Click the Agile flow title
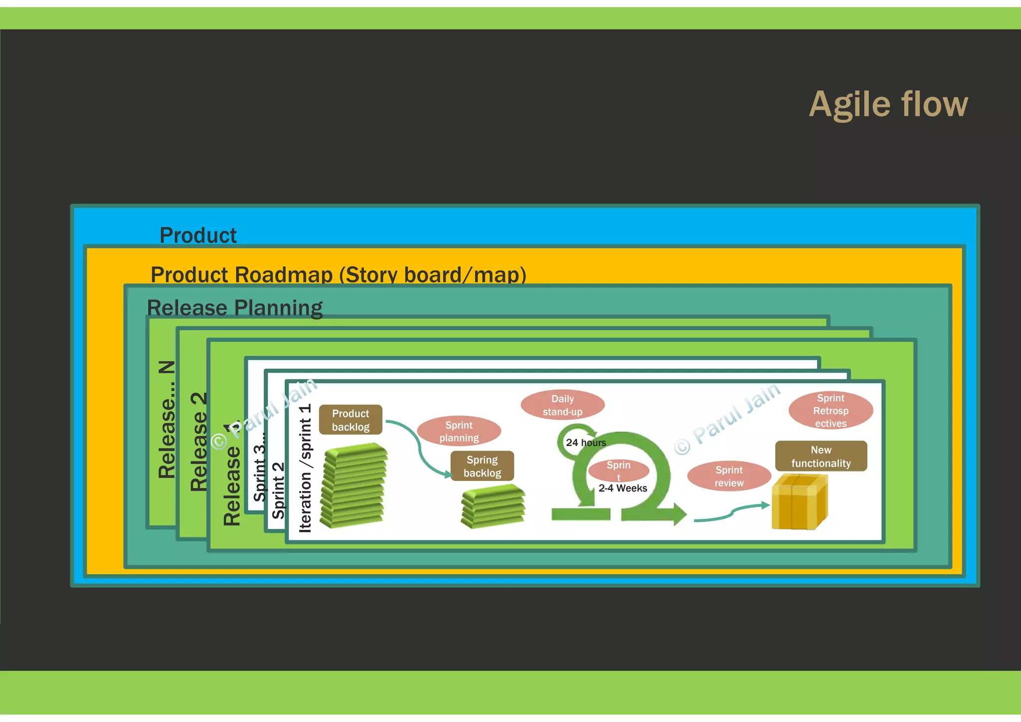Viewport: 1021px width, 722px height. tap(888, 105)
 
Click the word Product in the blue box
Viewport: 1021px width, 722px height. tap(198, 235)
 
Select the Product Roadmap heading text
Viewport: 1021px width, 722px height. tap(338, 274)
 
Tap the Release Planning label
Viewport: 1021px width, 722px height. tap(235, 307)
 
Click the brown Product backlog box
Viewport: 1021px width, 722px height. tap(350, 420)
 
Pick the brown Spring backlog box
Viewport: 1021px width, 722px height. tap(482, 466)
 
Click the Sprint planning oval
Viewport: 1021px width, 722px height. tap(459, 431)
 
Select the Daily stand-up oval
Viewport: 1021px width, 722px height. tap(562, 405)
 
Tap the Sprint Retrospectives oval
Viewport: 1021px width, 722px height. tap(831, 410)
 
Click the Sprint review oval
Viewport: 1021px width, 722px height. tap(729, 476)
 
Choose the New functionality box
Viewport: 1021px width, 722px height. tap(821, 456)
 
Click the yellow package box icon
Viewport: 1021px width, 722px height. tap(799, 502)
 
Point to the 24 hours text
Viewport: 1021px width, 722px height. tap(586, 443)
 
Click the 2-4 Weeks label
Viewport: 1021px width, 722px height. tap(623, 488)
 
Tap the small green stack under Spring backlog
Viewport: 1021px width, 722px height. tap(493, 506)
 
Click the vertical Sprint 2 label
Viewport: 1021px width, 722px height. tap(278, 490)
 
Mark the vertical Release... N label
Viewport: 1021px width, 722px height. tap(167, 419)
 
